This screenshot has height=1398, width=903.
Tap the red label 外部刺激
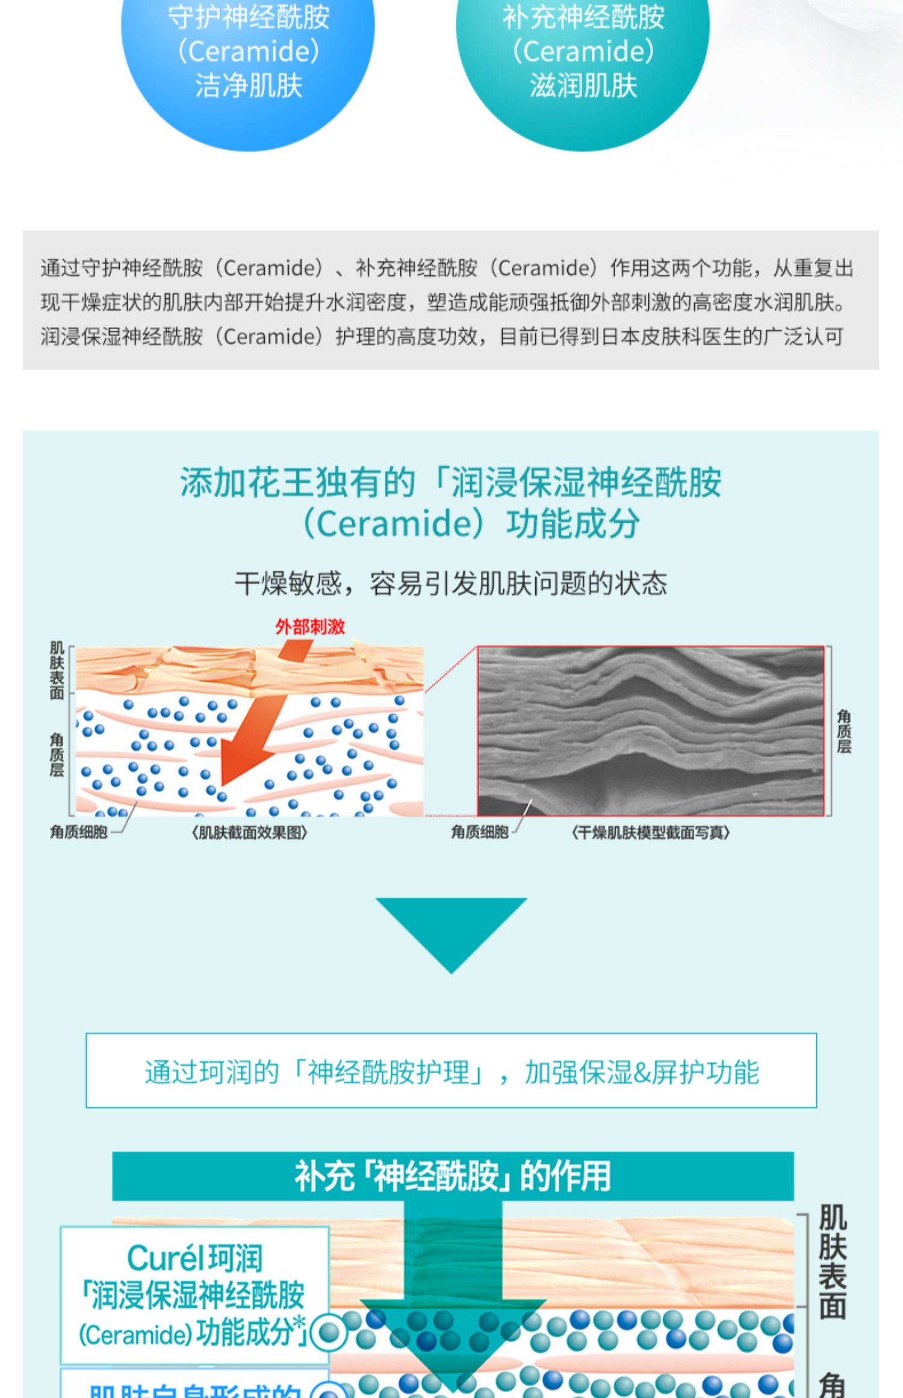click(x=310, y=627)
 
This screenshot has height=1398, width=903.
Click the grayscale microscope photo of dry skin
click(x=650, y=731)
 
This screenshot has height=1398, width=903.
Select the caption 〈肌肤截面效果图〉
click(x=249, y=833)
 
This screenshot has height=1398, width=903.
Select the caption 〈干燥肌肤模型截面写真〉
click(x=650, y=833)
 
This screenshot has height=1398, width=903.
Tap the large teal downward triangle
click(x=451, y=933)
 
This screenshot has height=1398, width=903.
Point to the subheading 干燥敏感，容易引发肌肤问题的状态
click(x=451, y=583)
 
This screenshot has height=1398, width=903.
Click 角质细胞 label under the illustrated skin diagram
click(x=78, y=832)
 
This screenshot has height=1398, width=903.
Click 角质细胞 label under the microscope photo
click(x=480, y=832)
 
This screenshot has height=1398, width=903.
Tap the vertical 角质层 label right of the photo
click(x=843, y=731)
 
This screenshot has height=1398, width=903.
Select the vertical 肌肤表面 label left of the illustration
click(x=57, y=670)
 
